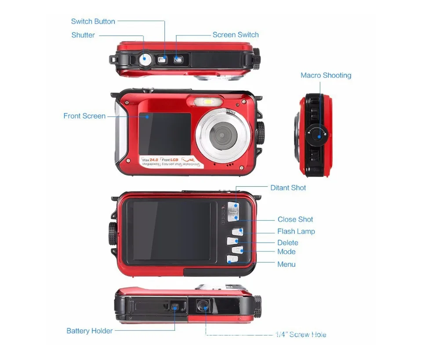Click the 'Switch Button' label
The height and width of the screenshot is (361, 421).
click(93, 21)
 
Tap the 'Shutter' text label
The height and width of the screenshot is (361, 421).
click(83, 35)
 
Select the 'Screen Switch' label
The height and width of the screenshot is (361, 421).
click(236, 35)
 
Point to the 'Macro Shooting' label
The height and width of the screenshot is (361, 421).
click(326, 75)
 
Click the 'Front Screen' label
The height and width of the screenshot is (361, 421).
click(84, 116)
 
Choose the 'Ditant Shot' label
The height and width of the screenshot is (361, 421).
click(288, 188)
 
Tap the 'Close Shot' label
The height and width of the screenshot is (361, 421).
click(295, 219)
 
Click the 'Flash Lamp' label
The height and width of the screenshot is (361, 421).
click(296, 231)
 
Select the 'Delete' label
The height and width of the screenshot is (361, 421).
click(287, 243)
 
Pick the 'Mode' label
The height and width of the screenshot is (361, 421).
click(286, 252)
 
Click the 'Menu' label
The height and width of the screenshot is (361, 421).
click(286, 264)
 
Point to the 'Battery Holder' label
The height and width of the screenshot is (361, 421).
click(89, 331)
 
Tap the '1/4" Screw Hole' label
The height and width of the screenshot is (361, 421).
click(301, 335)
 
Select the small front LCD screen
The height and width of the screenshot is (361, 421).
click(165, 133)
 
